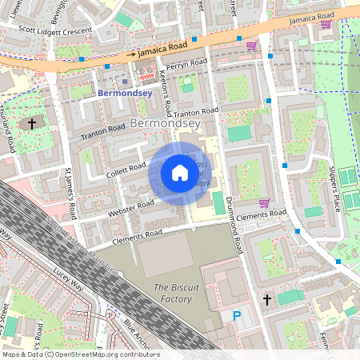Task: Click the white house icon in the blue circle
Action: [x=180, y=172]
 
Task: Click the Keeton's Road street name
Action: [x=166, y=94]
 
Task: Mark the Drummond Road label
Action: [x=231, y=225]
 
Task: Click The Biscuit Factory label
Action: [x=172, y=293]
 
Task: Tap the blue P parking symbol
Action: [x=236, y=317]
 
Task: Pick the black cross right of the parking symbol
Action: [x=268, y=299]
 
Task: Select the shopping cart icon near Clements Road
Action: [x=263, y=202]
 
